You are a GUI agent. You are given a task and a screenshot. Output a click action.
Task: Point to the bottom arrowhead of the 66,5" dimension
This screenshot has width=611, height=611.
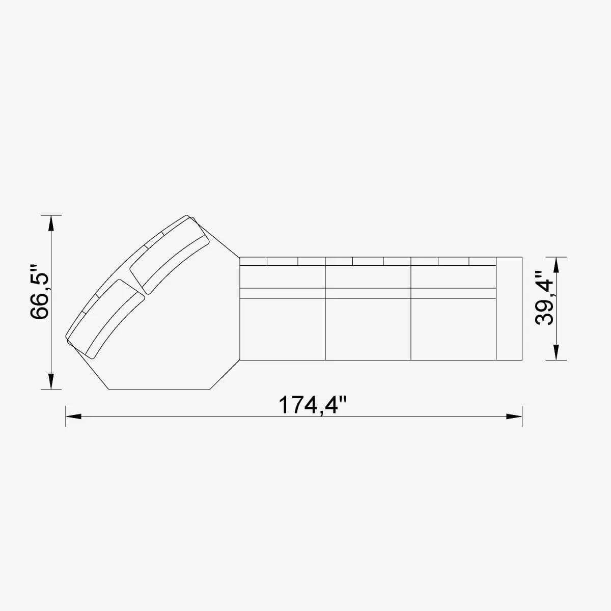51,381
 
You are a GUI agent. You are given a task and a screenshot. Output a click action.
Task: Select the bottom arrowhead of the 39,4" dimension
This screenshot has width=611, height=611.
556,352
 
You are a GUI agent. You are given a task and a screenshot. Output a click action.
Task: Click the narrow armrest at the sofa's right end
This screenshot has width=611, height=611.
509,309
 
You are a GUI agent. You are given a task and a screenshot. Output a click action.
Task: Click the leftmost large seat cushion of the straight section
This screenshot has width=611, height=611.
282,328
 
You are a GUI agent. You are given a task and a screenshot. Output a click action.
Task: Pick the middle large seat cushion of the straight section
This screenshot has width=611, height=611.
368,328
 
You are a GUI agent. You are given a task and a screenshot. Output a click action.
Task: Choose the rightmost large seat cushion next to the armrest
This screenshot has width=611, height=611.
453,328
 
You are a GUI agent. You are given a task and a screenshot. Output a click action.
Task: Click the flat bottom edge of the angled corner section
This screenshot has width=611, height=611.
160,390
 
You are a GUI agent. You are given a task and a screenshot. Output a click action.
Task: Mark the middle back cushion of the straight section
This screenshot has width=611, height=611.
368,276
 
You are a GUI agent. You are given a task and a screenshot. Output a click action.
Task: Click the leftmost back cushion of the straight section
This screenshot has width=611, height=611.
282,276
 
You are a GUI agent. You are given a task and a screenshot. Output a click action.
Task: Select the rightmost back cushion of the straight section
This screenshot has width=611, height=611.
453,276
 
